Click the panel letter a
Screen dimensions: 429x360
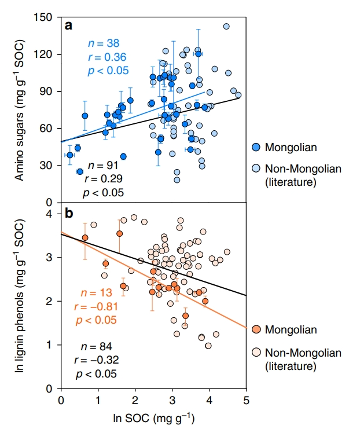coord(69,25)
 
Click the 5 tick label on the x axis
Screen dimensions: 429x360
coord(246,400)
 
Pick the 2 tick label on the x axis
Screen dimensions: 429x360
coord(135,400)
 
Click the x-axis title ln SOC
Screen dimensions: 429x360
coord(153,417)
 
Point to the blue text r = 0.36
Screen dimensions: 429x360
coord(104,57)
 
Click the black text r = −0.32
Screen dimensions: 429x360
coord(95,361)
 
